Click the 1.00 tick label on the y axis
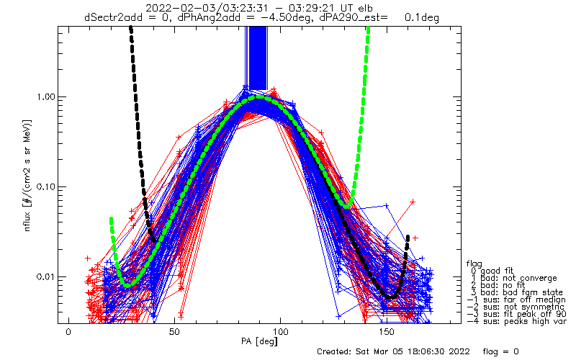pos(45,97)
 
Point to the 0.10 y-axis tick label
pos(45,187)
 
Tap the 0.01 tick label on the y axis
pos(45,276)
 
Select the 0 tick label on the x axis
pos(68,332)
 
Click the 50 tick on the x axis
pos(174,332)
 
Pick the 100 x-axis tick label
pos(280,332)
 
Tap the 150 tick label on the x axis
pos(387,332)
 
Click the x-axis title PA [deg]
pos(259,341)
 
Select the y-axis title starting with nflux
pos(27,175)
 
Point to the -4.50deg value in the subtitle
pos(287,17)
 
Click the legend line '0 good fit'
pos(492,271)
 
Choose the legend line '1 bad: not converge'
pos(513,278)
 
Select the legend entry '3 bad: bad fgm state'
pos(516,292)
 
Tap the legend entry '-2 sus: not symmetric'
pos(516,307)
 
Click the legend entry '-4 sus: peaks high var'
pos(516,321)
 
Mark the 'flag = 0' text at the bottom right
pos(500,351)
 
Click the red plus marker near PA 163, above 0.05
pos(413,202)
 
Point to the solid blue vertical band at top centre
pos(258,58)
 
